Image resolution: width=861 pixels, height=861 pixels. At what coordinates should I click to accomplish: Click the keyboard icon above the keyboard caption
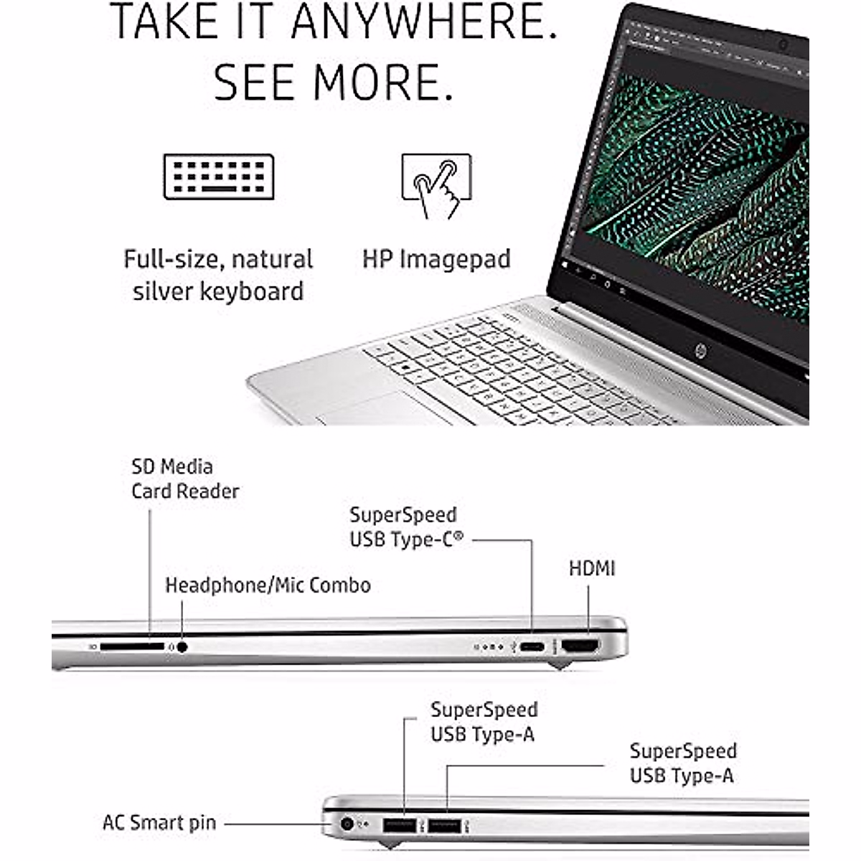[219, 177]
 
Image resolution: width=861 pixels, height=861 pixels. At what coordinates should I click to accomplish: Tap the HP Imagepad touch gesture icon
[436, 185]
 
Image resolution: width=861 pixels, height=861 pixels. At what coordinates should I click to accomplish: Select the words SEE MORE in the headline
[334, 83]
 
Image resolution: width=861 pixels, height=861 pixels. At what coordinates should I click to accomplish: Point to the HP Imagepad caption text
[436, 259]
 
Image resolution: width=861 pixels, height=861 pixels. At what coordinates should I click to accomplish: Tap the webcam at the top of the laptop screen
[783, 45]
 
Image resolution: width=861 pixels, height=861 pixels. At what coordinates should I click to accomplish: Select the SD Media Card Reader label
[184, 479]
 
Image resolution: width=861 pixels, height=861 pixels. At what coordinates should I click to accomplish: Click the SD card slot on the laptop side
[132, 646]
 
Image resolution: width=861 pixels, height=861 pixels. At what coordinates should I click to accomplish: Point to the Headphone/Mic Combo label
[268, 585]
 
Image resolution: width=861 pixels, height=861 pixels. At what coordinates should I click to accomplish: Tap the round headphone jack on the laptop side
[182, 646]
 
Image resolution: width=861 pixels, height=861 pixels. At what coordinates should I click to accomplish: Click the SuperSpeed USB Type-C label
[406, 527]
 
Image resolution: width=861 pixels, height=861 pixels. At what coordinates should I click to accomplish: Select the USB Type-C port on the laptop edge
[532, 646]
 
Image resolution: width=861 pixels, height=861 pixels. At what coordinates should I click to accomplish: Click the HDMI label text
[592, 568]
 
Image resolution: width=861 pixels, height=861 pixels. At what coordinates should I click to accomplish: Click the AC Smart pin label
[159, 822]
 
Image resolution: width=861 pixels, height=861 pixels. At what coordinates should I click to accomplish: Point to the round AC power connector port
[347, 824]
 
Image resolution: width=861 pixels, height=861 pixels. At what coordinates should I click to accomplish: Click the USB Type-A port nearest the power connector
[400, 825]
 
